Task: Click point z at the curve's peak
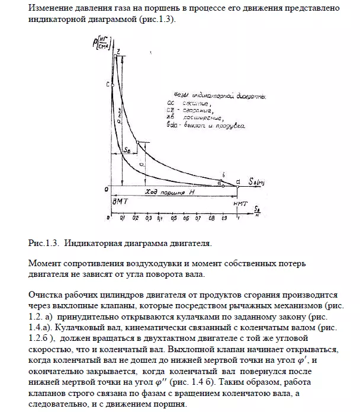pos(118,52)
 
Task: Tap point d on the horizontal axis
pos(238,180)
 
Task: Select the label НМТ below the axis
pos(239,202)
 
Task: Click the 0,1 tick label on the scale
pos(122,218)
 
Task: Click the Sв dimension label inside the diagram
pos(127,152)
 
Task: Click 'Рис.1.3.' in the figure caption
pos(41,243)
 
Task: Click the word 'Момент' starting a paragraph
pos(43,263)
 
